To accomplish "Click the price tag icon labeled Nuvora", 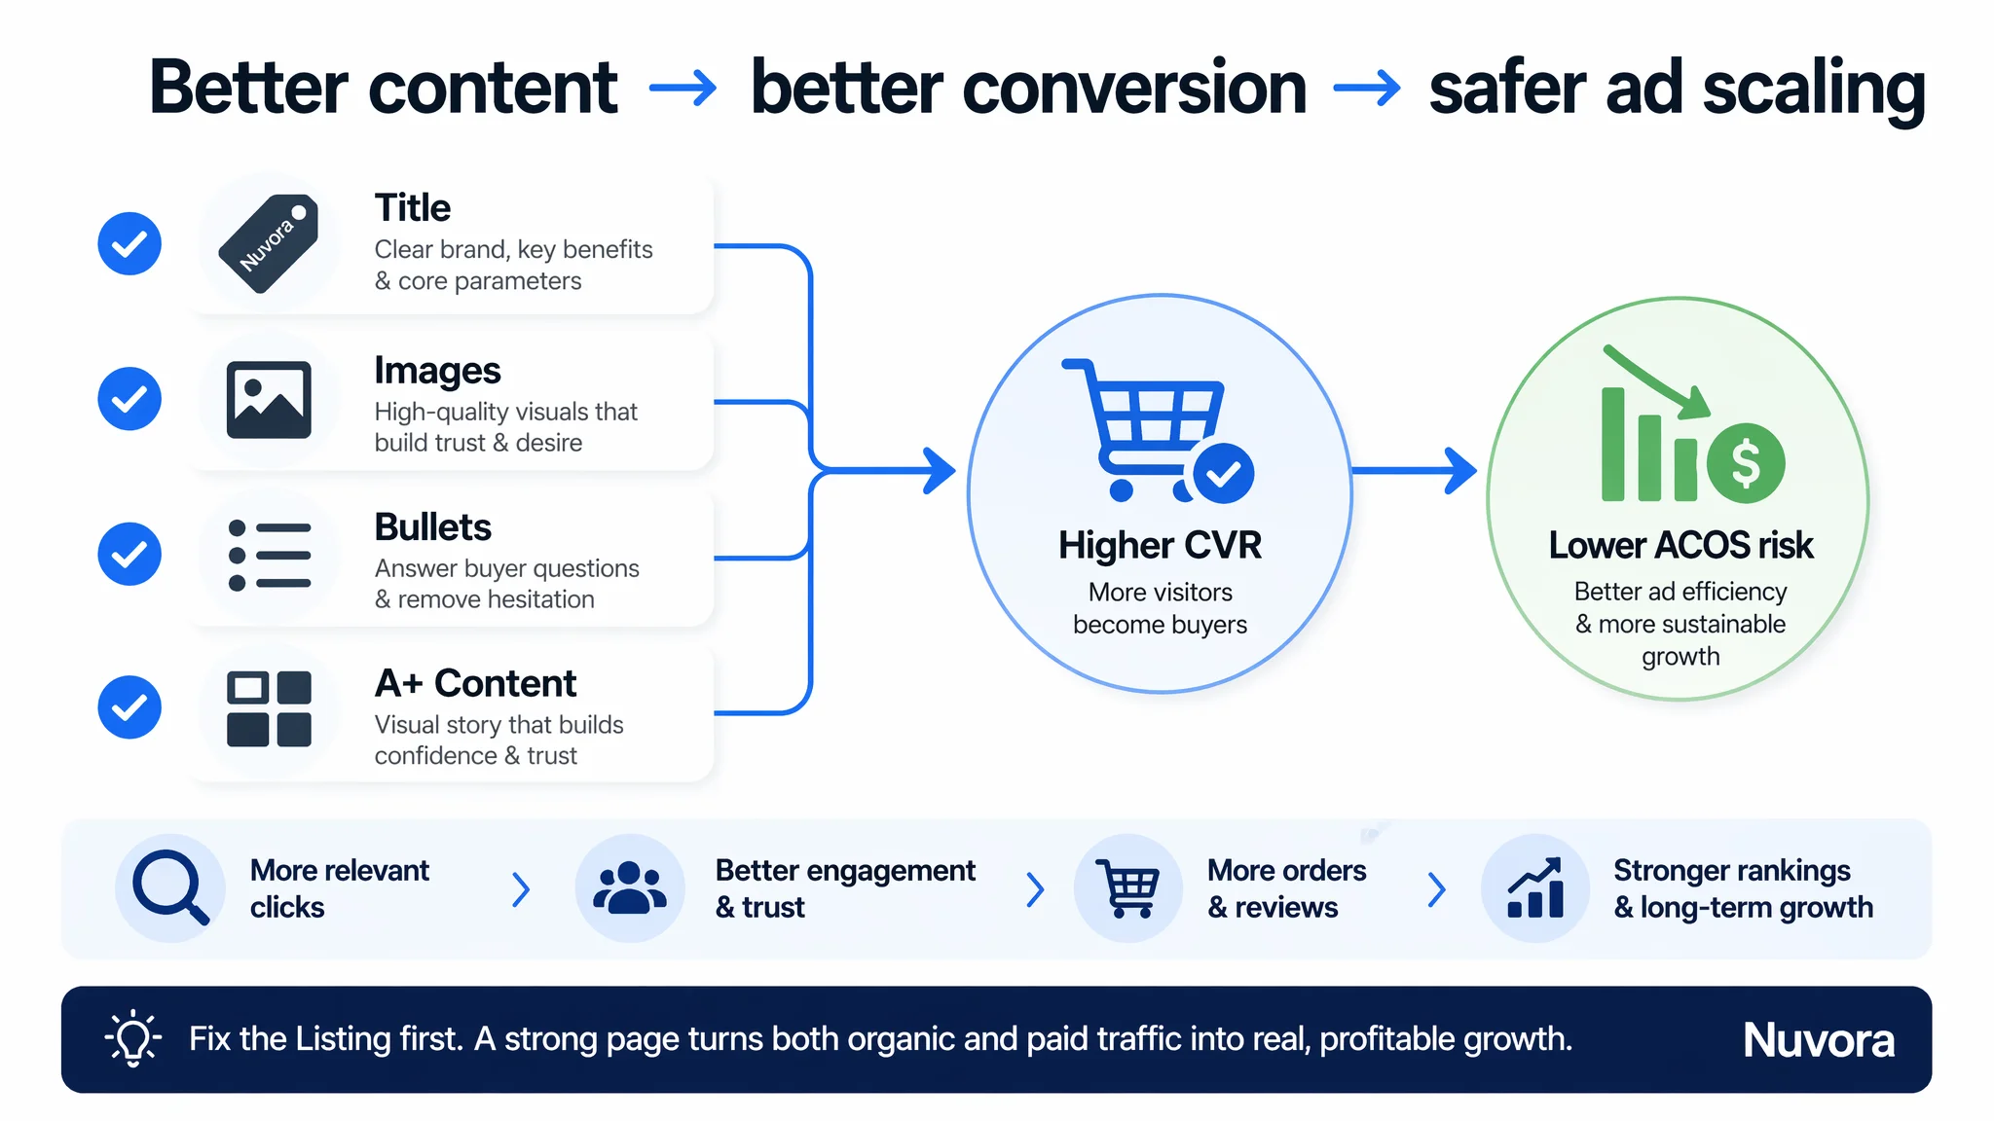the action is [269, 243].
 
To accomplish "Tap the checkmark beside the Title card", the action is [129, 243].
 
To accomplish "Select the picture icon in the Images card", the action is [269, 400].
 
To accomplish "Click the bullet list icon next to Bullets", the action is [269, 556].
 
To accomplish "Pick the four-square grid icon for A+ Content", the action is [269, 709].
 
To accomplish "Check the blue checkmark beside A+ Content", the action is [129, 707].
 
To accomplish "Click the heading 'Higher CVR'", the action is [1160, 546].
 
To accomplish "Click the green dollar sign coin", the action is [1746, 463].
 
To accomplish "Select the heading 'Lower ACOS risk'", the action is [1680, 546].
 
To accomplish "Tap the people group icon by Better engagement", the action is [630, 888].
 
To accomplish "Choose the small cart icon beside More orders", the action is [1127, 888].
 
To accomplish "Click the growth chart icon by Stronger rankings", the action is [1535, 887].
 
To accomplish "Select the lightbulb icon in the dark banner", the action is [132, 1038].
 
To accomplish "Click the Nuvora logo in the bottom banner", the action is [1819, 1040].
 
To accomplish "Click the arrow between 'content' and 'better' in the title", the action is [683, 89].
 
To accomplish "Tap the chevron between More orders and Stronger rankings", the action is [1437, 889].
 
